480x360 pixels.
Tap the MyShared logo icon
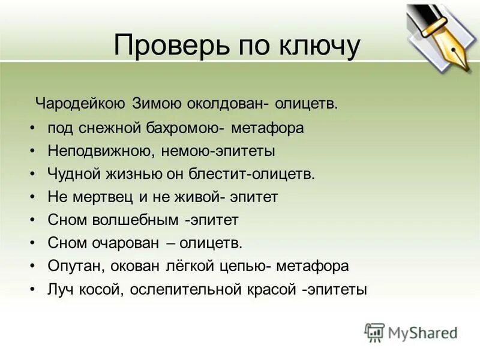[375, 332]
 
